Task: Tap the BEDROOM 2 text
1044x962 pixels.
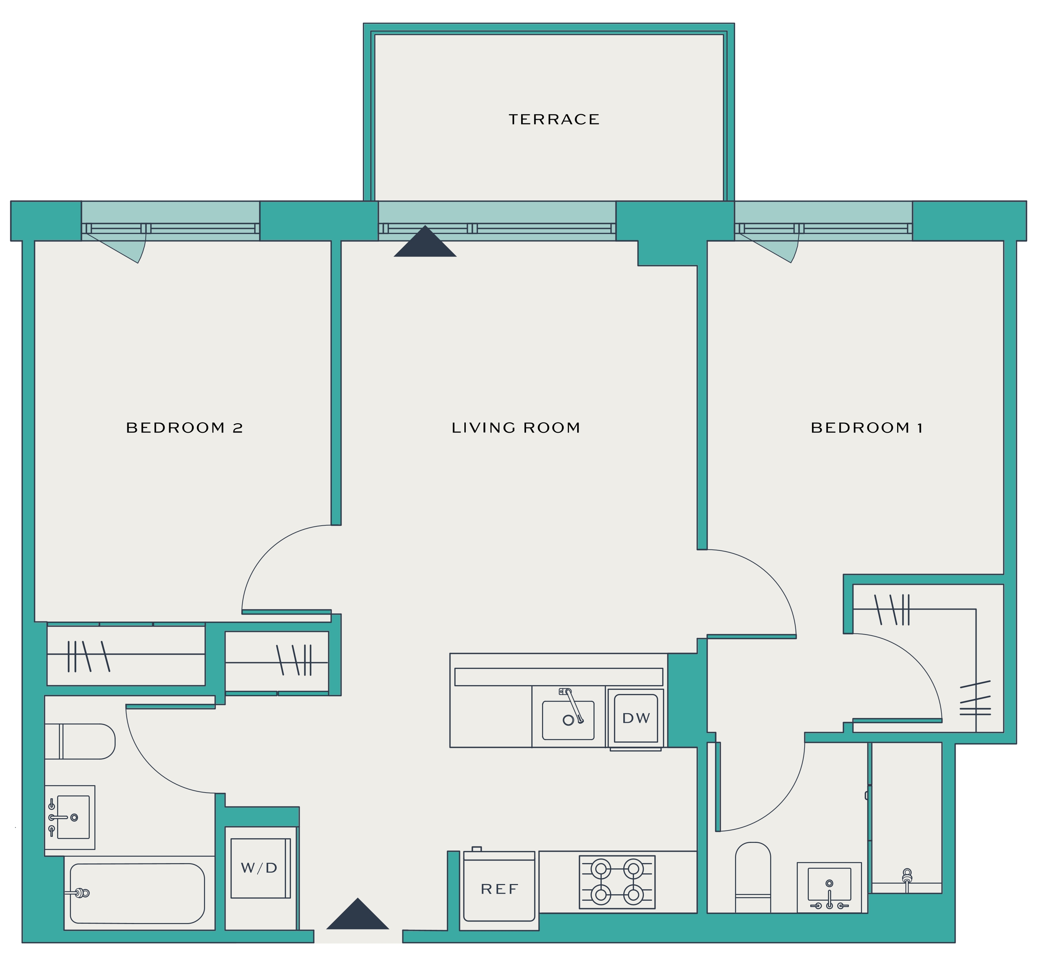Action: click(x=184, y=428)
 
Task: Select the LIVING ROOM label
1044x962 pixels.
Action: click(x=516, y=428)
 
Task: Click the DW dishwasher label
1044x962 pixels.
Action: click(x=636, y=718)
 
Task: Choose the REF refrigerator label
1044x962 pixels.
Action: click(x=499, y=889)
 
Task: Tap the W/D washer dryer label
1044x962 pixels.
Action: click(x=259, y=868)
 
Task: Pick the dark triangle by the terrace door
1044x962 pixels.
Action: click(x=425, y=241)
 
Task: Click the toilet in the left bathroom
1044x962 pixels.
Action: click(x=80, y=741)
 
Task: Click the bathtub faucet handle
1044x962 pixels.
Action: click(x=78, y=893)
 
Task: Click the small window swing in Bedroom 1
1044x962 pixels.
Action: click(x=768, y=248)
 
